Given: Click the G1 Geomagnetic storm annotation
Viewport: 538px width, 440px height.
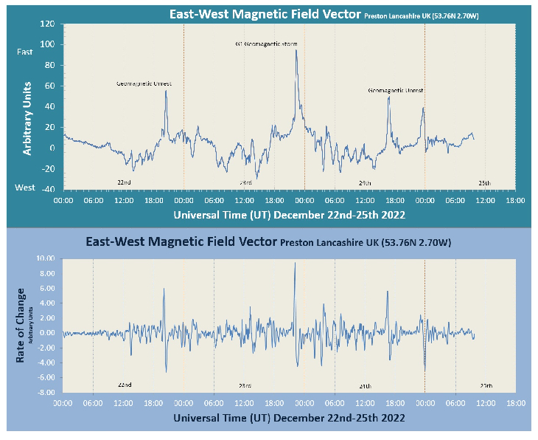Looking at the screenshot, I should click(266, 44).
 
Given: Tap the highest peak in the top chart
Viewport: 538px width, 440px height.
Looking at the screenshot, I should click(296, 50).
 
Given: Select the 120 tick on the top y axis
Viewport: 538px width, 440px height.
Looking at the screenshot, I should click(47, 24).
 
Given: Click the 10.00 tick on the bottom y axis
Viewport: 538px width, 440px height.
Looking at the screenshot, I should click(45, 258).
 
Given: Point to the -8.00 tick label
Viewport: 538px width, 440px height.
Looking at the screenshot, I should click(45, 393).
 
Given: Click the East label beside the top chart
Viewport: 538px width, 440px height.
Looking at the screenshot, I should click(25, 52).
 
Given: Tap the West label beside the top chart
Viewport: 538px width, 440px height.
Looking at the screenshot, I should click(25, 188).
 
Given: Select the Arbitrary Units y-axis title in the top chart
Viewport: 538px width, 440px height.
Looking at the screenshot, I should click(27, 118).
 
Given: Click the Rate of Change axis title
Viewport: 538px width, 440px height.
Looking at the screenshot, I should click(21, 325).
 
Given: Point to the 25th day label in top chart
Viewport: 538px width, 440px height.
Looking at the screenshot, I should click(484, 182).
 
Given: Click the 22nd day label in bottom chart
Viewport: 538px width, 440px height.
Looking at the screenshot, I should click(125, 385).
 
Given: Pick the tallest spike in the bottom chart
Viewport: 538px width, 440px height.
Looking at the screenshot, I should click(295, 264).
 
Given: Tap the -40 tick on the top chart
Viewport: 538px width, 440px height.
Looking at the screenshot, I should click(47, 189).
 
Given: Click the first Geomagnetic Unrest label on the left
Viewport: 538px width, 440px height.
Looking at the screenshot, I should click(144, 84).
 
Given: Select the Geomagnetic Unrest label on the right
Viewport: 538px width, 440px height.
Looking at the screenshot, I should click(396, 90).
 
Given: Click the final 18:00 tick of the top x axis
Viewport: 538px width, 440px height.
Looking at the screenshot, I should click(515, 200).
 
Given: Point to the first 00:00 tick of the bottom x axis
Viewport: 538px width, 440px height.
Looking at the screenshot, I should click(63, 404).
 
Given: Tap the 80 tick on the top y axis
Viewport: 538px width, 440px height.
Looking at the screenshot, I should click(49, 65).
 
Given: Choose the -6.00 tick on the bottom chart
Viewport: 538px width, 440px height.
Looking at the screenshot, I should click(46, 378).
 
